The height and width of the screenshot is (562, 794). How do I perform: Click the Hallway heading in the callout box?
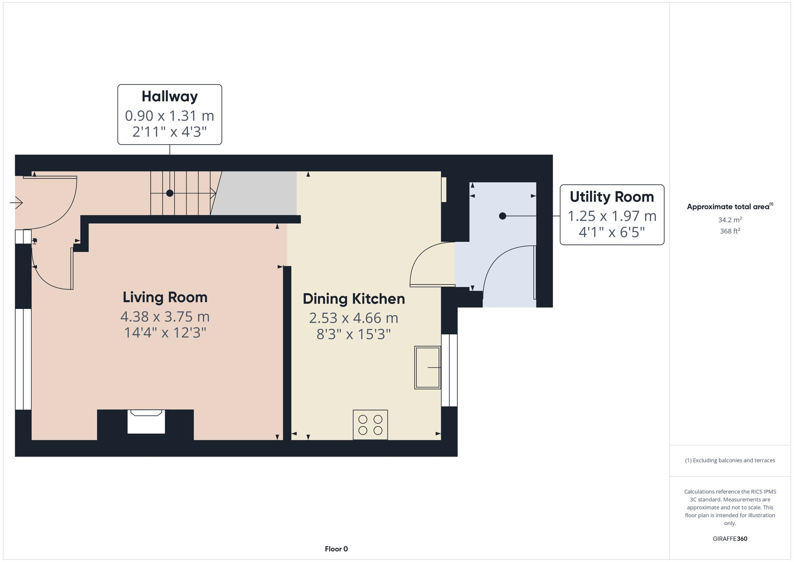click(170, 97)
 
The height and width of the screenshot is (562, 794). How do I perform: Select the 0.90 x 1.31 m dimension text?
click(170, 116)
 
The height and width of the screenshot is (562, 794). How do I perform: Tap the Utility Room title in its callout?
click(611, 197)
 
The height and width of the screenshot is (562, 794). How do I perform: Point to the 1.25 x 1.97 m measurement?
click(611, 216)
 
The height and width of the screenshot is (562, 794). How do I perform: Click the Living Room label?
click(165, 297)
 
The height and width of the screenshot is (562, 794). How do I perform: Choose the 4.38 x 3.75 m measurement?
click(165, 317)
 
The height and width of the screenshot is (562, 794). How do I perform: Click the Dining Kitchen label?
click(354, 299)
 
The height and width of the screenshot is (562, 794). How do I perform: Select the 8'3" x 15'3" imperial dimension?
click(354, 334)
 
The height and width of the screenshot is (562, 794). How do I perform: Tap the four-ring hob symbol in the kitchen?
click(370, 425)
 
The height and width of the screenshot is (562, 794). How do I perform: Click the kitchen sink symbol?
click(428, 367)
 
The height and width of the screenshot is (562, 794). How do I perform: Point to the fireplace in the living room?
click(146, 423)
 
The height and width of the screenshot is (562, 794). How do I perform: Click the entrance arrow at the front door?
click(17, 203)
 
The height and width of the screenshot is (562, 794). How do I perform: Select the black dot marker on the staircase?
click(170, 193)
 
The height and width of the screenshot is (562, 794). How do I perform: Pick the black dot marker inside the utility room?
click(502, 216)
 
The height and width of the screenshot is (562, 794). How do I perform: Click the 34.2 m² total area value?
click(730, 220)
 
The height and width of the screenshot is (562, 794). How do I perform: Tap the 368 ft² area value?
click(730, 231)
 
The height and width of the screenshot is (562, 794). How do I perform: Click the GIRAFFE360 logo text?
click(730, 539)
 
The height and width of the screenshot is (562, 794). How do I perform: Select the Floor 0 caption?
click(336, 549)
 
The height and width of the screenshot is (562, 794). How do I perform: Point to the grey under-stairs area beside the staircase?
click(258, 193)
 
